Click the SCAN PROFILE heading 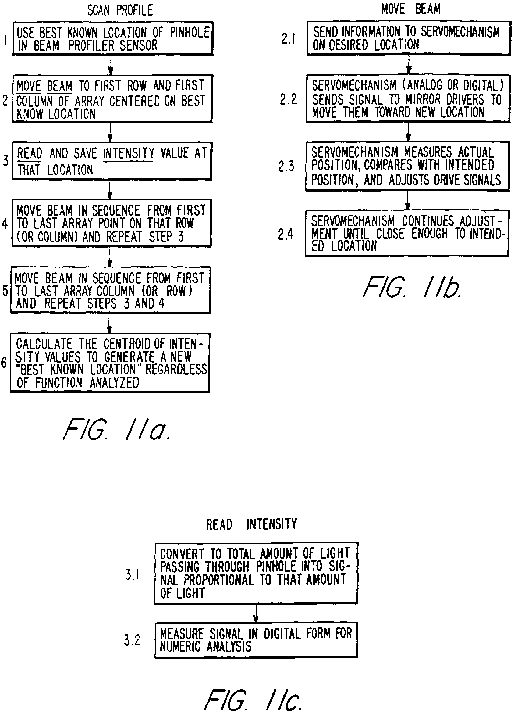120,10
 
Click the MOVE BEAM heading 411,9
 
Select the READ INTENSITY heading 251,524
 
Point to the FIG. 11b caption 412,287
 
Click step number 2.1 288,39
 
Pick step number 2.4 285,235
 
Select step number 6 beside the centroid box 4,362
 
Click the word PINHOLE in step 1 190,33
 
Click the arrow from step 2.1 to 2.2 409,65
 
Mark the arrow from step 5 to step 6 109,324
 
